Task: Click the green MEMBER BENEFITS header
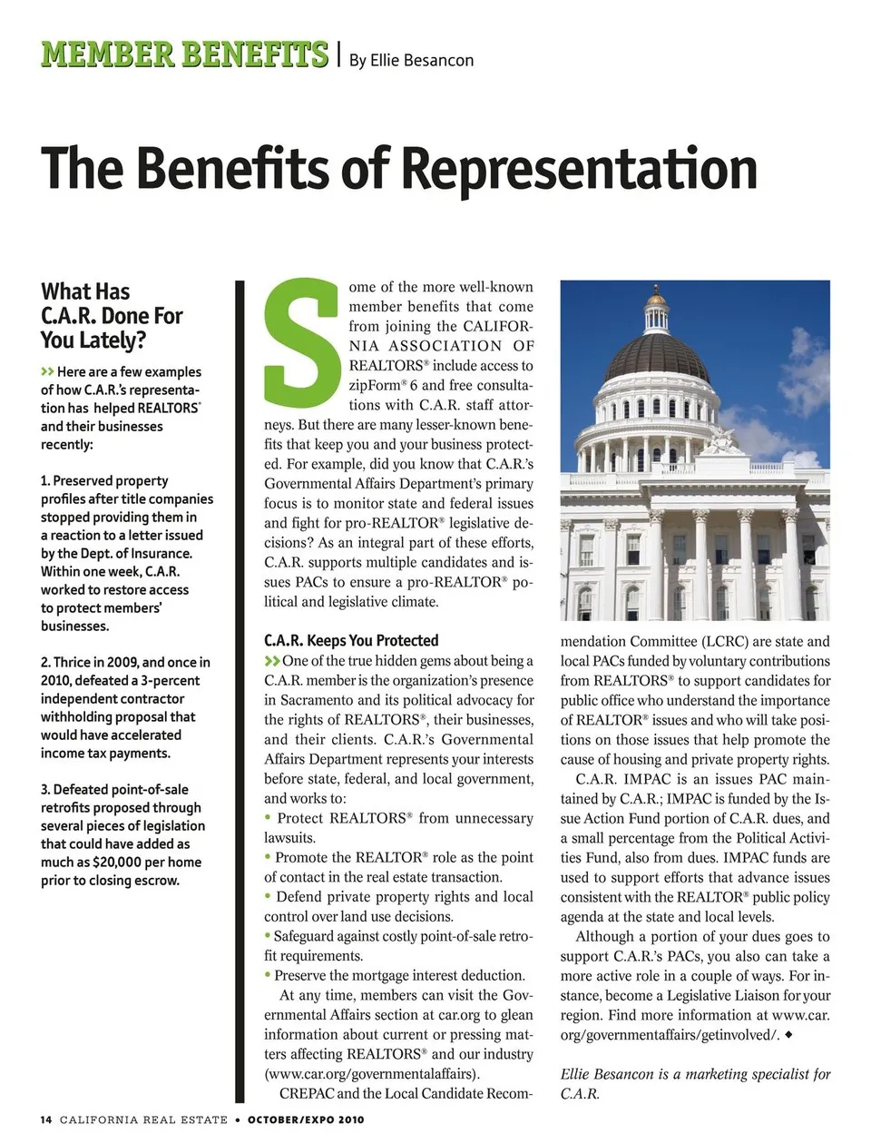click(184, 54)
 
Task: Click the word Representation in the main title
click(579, 169)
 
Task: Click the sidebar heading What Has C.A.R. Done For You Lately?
click(112, 315)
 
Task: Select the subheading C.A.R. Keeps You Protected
click(351, 640)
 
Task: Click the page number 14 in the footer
click(46, 1119)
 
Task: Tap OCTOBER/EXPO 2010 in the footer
click(306, 1119)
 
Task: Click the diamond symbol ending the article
click(788, 1034)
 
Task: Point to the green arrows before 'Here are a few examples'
click(47, 371)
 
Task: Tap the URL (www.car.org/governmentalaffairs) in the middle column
click(372, 1074)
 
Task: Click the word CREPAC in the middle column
click(306, 1093)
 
